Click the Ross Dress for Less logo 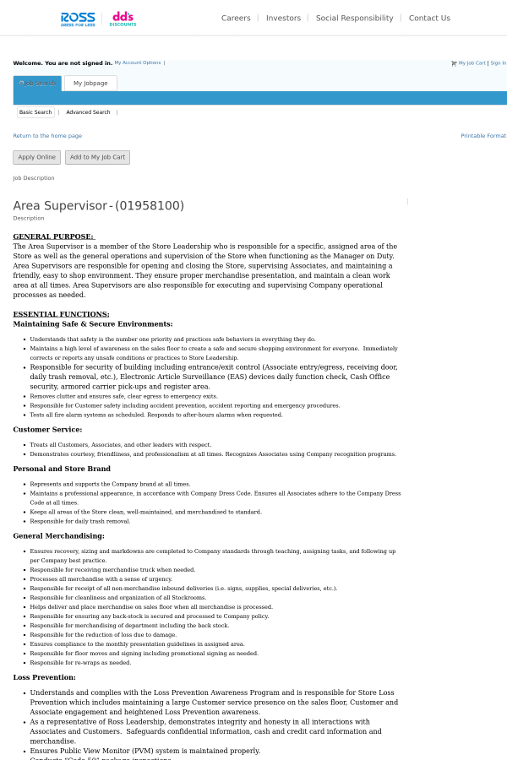click(78, 19)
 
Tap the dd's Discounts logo click(123, 19)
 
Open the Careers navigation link click(236, 18)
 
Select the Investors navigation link click(283, 18)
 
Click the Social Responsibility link click(354, 18)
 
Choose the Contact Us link click(429, 18)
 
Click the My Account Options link click(137, 62)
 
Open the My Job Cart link click(472, 62)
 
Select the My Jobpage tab click(90, 84)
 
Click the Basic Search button click(35, 112)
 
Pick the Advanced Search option click(88, 112)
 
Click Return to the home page click(47, 136)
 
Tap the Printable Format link click(483, 136)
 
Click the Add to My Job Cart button click(97, 157)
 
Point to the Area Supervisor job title click(98, 206)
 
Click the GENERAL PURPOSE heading click(53, 236)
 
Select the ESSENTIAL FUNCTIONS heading click(61, 314)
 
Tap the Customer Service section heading click(47, 429)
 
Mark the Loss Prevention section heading click(44, 677)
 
